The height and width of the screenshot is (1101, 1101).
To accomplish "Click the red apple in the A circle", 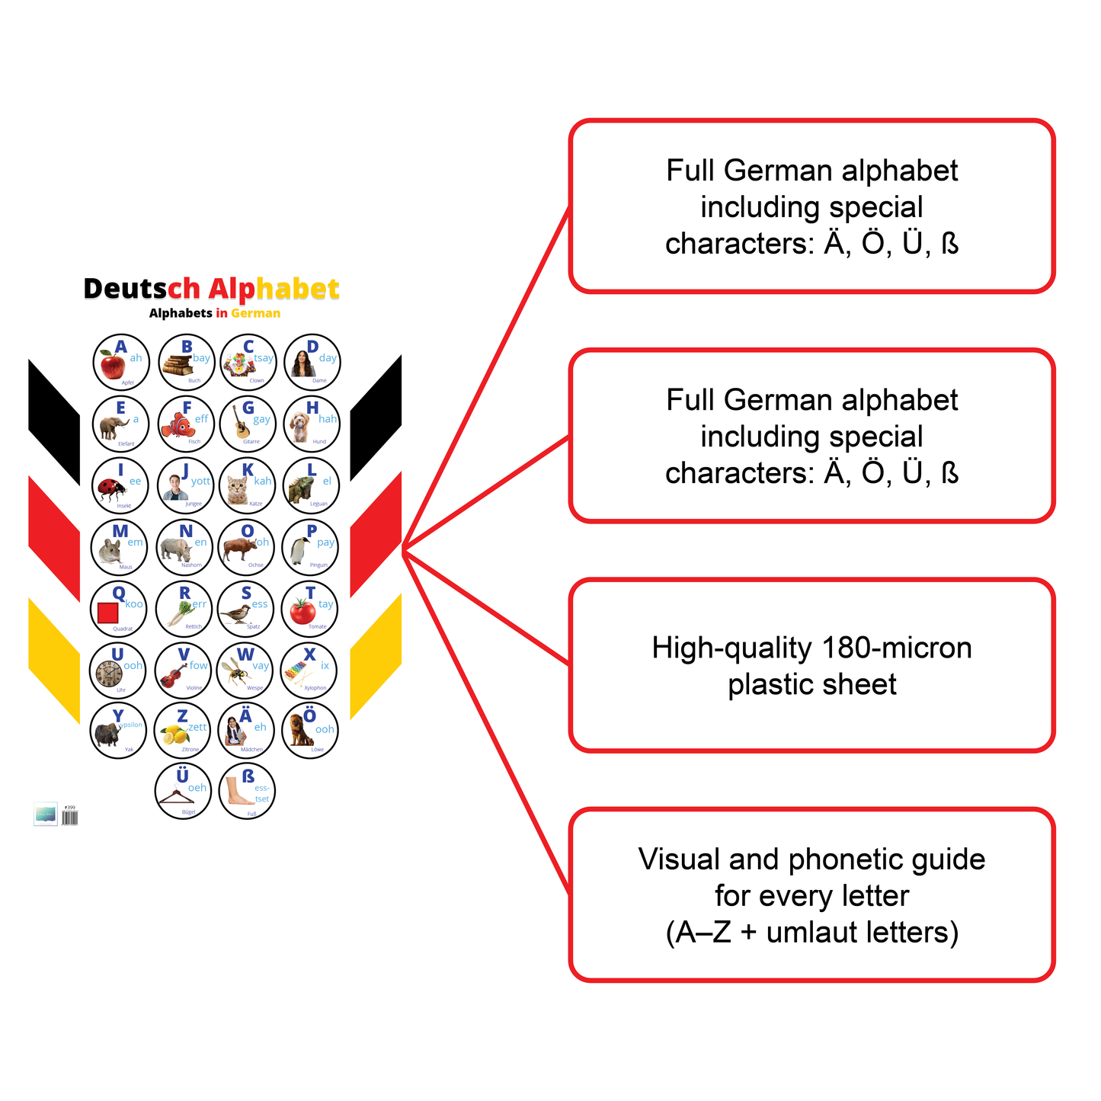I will tap(113, 367).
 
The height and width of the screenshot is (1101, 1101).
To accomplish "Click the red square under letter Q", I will tap(108, 613).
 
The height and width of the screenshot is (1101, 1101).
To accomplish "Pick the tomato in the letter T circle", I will tap(302, 611).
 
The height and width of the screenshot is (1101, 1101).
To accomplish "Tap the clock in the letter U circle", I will tap(109, 674).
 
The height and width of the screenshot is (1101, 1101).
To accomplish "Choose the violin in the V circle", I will tap(174, 674).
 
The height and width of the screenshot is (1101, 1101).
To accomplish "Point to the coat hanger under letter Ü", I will tap(177, 797).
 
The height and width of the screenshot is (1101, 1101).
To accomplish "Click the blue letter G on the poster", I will tap(248, 408).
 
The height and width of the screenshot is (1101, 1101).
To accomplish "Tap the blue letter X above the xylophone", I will tap(309, 655).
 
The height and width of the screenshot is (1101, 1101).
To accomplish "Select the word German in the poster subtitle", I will tap(256, 313).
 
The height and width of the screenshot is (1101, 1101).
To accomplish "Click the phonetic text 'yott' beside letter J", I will tap(200, 481).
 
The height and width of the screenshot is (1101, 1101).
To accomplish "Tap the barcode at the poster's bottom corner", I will tap(69, 818).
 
